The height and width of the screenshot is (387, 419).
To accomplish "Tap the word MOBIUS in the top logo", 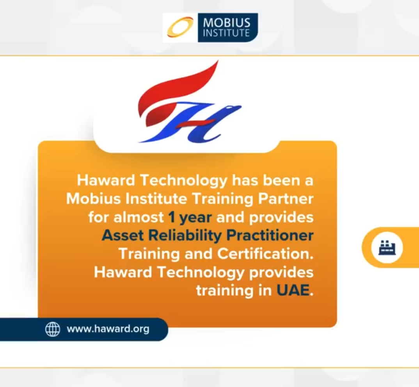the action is tap(227, 23).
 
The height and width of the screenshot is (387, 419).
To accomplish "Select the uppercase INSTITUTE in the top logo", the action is tap(226, 33).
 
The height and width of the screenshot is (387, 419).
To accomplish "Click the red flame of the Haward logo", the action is tap(176, 91).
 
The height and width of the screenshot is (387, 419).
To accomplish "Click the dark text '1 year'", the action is tap(190, 218).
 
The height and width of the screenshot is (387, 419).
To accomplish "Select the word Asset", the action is tap(123, 235).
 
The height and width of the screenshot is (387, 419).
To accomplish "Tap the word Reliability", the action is tap(185, 236).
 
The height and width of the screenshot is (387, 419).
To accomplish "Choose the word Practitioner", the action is tap(270, 235).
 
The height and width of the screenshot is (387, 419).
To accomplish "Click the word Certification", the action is tap(265, 253).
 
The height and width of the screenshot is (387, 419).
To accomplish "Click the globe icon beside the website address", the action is tap(53, 329).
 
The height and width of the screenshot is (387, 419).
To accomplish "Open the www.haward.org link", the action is tap(108, 329).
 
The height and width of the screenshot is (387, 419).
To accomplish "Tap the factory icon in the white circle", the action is tap(387, 247).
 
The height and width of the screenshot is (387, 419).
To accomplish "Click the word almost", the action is tap(138, 217).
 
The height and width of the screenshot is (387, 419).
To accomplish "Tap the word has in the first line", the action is tap(245, 180).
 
